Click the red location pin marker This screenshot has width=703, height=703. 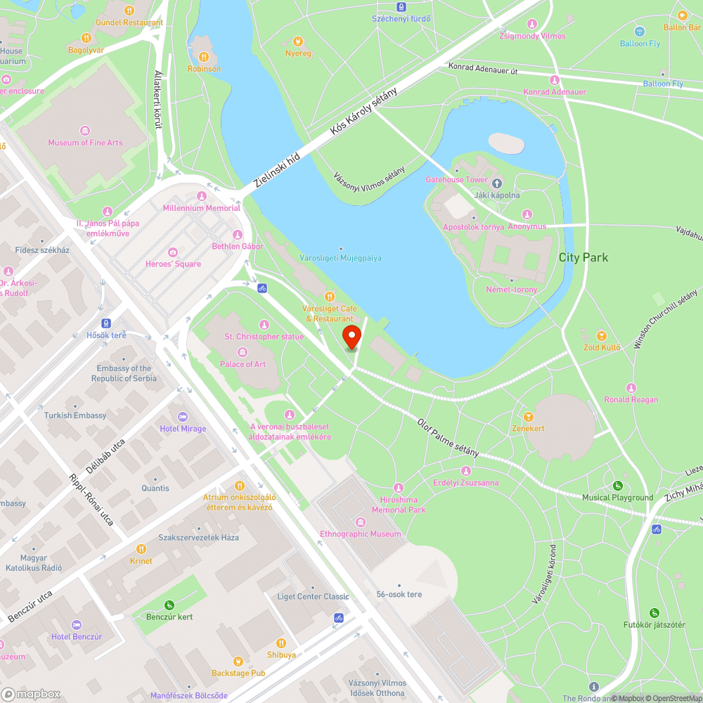(x=351, y=336)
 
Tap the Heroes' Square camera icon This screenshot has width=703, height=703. (x=173, y=252)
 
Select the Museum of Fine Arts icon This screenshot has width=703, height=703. (x=85, y=131)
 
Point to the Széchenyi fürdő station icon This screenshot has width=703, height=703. (x=401, y=7)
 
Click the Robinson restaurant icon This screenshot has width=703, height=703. (x=204, y=57)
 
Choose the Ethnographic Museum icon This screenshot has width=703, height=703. (x=361, y=522)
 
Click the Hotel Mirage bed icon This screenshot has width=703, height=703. (x=183, y=417)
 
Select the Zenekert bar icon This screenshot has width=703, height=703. (x=529, y=416)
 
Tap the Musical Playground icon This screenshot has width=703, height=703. (x=617, y=486)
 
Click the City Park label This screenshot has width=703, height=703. (x=583, y=257)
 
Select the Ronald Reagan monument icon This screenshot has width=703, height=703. (x=631, y=388)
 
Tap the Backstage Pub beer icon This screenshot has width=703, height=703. (x=238, y=662)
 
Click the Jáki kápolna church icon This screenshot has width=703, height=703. (x=496, y=183)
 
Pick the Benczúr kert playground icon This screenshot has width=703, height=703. (x=169, y=605)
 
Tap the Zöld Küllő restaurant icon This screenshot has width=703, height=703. (x=602, y=336)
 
